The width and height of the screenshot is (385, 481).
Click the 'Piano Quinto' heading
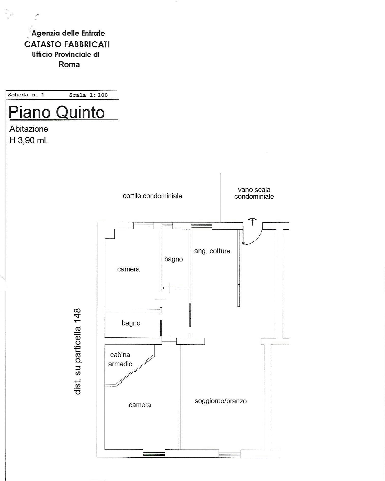click(56, 112)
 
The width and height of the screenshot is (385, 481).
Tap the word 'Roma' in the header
click(69, 64)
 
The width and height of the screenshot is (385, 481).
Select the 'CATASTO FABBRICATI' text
click(67, 44)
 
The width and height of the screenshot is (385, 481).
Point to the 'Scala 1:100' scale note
click(88, 95)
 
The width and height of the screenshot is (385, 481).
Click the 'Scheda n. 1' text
click(26, 95)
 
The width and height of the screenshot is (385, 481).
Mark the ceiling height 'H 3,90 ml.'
click(28, 140)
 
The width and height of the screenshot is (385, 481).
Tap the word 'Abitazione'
click(29, 129)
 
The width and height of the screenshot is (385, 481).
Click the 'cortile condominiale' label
click(152, 196)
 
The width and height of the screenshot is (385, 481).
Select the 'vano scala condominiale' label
click(254, 193)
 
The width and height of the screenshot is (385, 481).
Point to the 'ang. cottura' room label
click(212, 251)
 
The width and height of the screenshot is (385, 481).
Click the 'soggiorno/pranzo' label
click(221, 401)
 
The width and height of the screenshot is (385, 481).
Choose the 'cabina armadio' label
click(120, 359)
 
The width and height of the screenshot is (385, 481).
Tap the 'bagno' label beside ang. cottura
click(174, 259)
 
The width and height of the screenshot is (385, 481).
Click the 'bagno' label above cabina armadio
click(131, 323)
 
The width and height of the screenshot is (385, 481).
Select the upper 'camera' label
click(128, 269)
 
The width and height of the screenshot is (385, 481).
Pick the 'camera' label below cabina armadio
click(140, 405)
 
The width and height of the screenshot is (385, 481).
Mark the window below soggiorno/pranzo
click(230, 454)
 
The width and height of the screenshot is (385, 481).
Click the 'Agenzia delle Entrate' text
click(68, 33)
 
